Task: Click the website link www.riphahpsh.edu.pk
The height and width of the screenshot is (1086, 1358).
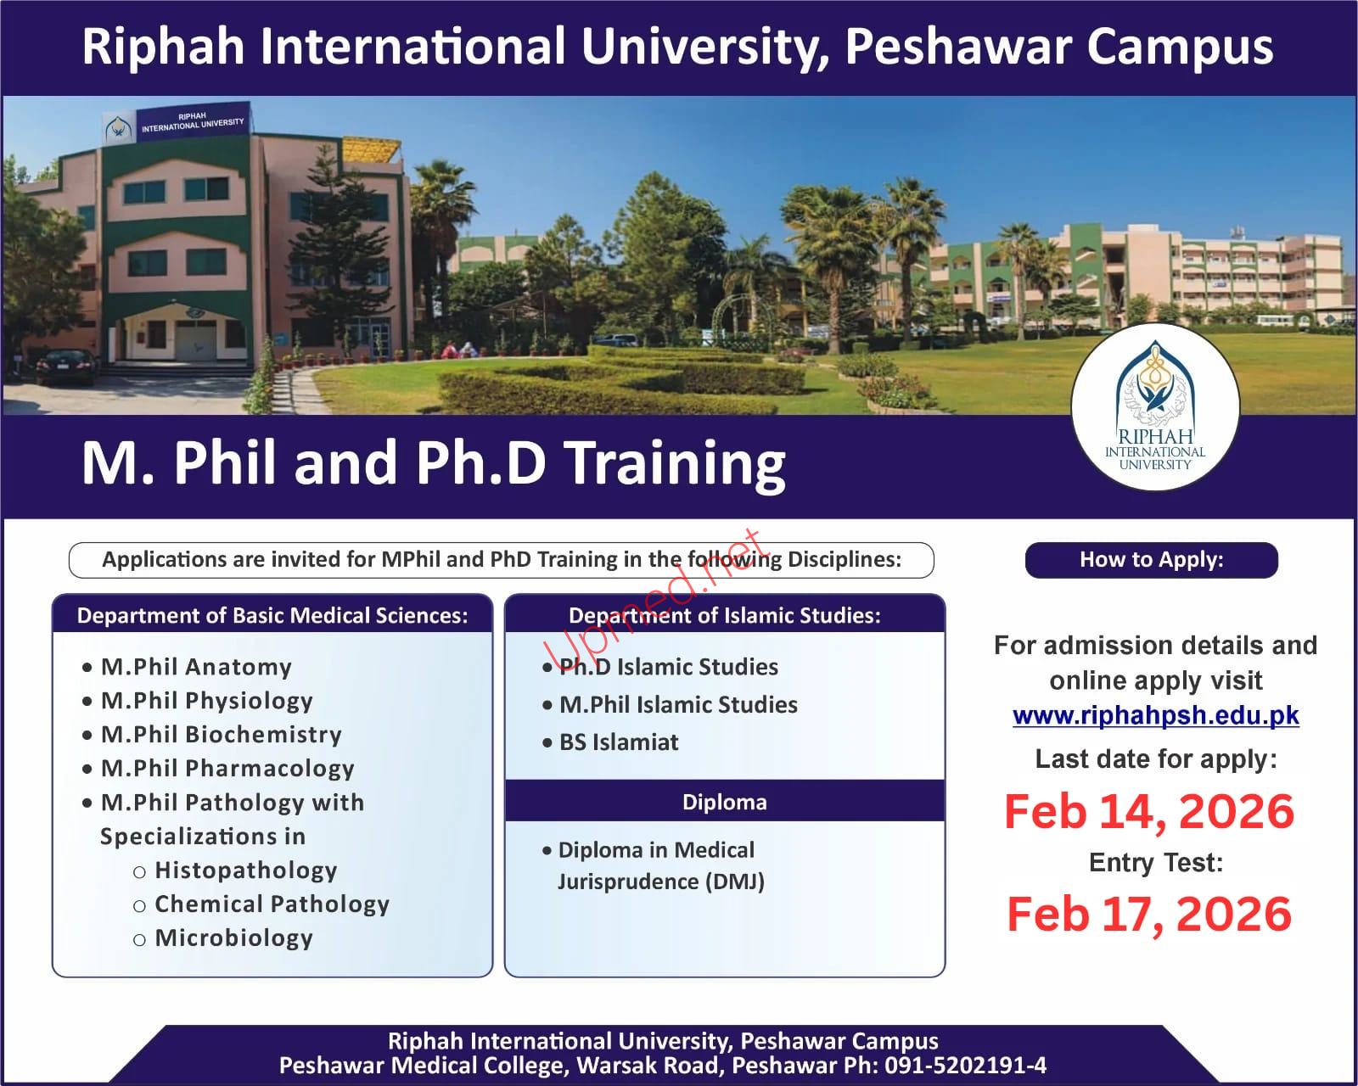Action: [x=1155, y=715]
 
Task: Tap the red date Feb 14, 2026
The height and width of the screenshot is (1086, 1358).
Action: [x=1149, y=811]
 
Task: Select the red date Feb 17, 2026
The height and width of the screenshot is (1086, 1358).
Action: [x=1149, y=915]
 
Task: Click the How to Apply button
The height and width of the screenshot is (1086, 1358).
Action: [x=1152, y=560]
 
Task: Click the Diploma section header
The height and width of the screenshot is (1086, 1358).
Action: [x=725, y=802]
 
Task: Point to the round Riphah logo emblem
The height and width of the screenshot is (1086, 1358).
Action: [x=1155, y=407]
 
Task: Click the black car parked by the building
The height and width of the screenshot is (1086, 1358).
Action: [x=66, y=366]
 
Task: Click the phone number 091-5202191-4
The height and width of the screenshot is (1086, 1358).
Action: [x=966, y=1065]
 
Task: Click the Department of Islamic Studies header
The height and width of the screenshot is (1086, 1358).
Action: [x=725, y=615]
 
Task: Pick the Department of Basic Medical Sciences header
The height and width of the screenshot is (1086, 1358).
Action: [x=272, y=615]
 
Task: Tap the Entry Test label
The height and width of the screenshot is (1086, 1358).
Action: [x=1155, y=863]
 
